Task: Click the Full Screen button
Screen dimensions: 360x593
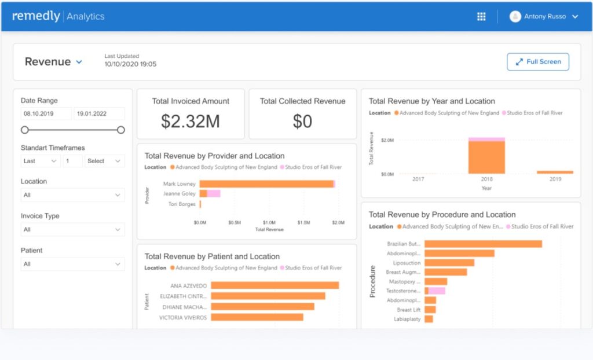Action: click(537, 62)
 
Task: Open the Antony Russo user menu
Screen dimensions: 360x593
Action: click(544, 16)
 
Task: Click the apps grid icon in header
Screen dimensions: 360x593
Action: click(481, 16)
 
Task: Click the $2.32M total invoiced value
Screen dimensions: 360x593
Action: click(191, 121)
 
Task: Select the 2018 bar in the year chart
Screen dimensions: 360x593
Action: click(486, 157)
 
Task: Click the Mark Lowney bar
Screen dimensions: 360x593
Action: click(266, 184)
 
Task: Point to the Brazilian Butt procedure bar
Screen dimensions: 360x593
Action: click(483, 244)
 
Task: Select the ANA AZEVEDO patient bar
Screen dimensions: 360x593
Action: click(274, 285)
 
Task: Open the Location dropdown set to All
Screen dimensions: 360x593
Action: click(72, 195)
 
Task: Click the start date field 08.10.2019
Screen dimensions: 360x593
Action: click(46, 114)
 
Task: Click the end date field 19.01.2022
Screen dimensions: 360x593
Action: click(99, 114)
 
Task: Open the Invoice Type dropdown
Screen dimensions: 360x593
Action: click(72, 230)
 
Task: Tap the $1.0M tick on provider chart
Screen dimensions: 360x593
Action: click(269, 222)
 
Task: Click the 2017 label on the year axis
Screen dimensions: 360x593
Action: click(418, 179)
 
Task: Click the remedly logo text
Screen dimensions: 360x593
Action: click(35, 16)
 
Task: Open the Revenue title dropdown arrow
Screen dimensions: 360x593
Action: click(79, 63)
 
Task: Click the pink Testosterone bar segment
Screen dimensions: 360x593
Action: click(437, 291)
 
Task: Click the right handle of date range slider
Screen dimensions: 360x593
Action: click(120, 130)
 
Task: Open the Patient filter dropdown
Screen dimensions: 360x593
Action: click(72, 265)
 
